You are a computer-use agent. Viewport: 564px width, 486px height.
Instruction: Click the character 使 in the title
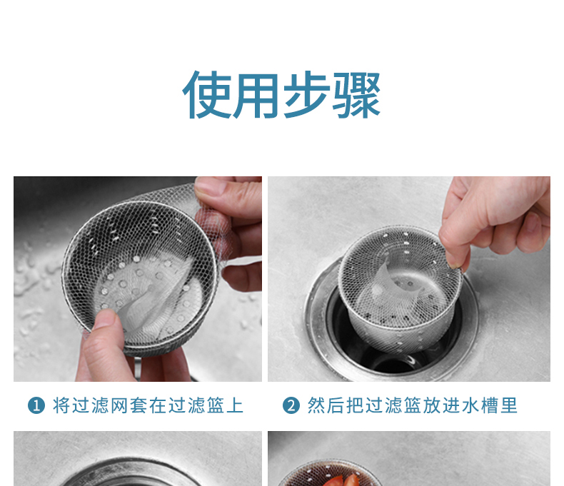[x=207, y=95]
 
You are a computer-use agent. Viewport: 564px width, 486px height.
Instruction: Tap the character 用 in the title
[x=256, y=96]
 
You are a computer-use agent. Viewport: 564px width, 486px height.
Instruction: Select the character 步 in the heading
[x=307, y=95]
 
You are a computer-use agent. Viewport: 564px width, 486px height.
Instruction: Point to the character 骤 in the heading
[x=356, y=95]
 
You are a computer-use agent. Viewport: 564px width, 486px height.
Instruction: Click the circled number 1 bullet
[x=36, y=406]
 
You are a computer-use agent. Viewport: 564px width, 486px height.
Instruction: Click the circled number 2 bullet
[x=291, y=406]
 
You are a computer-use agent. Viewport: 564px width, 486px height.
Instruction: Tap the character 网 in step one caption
[x=119, y=405]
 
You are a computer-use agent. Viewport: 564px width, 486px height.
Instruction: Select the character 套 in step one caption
[x=139, y=405]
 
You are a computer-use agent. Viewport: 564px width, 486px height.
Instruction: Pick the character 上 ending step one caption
[x=236, y=405]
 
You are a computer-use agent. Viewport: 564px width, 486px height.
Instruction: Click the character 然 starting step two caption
[x=316, y=405]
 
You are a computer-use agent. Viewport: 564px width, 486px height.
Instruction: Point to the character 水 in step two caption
[x=470, y=405]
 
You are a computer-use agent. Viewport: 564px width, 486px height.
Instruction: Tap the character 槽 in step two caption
[x=490, y=405]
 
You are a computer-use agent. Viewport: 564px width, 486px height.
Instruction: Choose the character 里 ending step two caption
[x=509, y=405]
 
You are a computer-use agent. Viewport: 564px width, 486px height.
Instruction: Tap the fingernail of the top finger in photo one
[x=206, y=187]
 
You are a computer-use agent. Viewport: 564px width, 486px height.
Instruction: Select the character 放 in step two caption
[x=432, y=405]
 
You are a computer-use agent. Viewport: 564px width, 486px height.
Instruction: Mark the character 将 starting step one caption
[x=61, y=405]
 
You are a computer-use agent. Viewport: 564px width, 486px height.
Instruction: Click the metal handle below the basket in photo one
[x=137, y=368]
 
